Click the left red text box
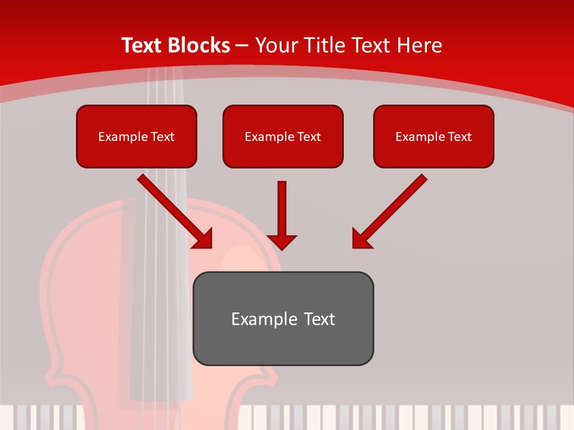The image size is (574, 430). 136,136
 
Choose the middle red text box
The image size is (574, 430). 283,136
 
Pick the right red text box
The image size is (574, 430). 433,136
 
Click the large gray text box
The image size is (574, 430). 283,318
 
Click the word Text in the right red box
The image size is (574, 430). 459,137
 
